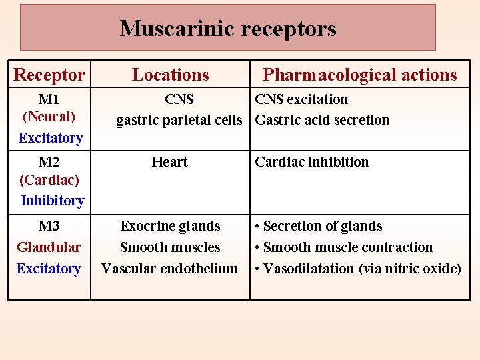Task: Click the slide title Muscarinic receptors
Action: pyautogui.click(x=228, y=29)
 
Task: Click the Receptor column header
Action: pyautogui.click(x=49, y=75)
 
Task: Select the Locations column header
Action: pyautogui.click(x=170, y=75)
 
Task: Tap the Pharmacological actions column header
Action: pyautogui.click(x=359, y=75)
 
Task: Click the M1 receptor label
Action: pyautogui.click(x=49, y=99)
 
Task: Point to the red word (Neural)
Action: pyautogui.click(x=49, y=117)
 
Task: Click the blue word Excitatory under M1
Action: pyautogui.click(x=50, y=138)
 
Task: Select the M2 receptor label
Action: pyautogui.click(x=49, y=162)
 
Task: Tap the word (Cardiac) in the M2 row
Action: pyautogui.click(x=49, y=179)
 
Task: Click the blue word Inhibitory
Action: pyautogui.click(x=52, y=201)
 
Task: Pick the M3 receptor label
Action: pyautogui.click(x=49, y=226)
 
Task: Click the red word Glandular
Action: pyautogui.click(x=49, y=247)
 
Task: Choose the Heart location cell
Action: pyautogui.click(x=170, y=162)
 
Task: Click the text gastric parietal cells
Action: pyautogui.click(x=179, y=121)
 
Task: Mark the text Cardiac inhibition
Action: pyautogui.click(x=311, y=162)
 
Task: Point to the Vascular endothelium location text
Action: pyautogui.click(x=169, y=269)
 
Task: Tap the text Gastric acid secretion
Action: pyautogui.click(x=322, y=121)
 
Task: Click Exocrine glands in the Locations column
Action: pyautogui.click(x=170, y=226)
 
